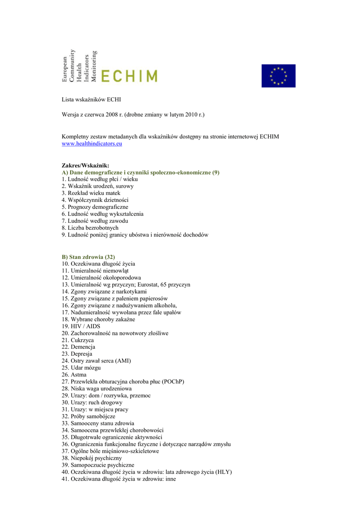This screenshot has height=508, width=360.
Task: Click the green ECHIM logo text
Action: click(x=129, y=75)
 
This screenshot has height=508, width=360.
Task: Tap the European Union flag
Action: click(x=278, y=75)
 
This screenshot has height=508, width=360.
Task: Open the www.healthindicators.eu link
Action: click(x=92, y=143)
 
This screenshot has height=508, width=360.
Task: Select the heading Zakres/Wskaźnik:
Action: click(x=85, y=165)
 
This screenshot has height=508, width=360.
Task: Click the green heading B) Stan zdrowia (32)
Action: click(x=88, y=257)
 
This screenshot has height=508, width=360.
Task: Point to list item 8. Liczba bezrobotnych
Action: click(x=90, y=228)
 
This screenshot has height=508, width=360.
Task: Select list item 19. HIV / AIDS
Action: click(x=81, y=326)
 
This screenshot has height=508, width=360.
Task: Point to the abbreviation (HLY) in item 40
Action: click(x=222, y=472)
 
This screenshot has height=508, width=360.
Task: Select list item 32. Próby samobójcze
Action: click(x=88, y=416)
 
